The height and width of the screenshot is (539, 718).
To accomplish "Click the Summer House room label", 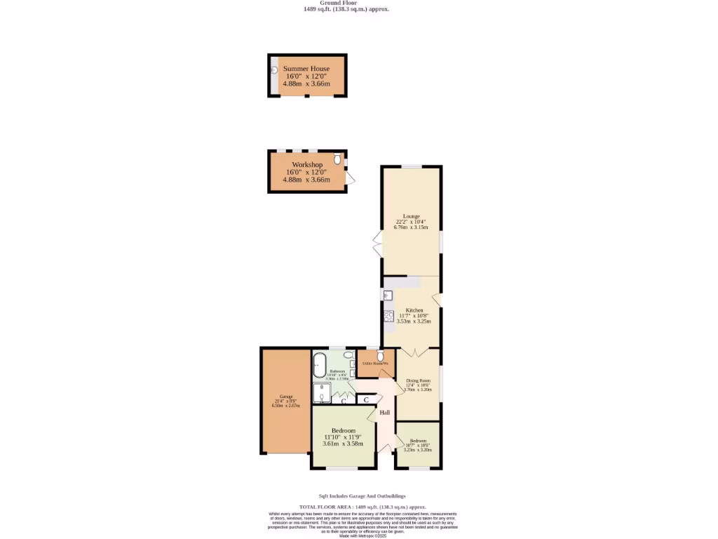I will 306,69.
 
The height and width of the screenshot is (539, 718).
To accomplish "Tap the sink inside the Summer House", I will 275,70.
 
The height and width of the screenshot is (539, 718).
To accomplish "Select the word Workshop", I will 307,164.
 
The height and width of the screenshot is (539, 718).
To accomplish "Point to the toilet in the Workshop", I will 338,160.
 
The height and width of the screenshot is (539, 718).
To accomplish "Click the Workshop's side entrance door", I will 351,179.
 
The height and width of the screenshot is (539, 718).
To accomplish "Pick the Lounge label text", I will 411,215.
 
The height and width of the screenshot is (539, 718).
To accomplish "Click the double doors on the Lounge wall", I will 377,246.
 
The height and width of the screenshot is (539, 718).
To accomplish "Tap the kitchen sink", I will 388,295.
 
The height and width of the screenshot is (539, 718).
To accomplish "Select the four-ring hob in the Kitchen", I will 388,317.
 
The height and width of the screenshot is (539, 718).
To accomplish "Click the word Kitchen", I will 414,310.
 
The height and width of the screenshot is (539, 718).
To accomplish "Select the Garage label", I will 286,397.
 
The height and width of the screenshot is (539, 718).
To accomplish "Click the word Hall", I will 385,413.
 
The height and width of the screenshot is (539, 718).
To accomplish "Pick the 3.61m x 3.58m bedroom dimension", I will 343,444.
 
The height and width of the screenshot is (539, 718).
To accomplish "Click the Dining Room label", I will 418,380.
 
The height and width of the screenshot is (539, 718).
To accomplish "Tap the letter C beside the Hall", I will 366,400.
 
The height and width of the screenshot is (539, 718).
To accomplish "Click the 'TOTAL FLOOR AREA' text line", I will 363,507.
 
